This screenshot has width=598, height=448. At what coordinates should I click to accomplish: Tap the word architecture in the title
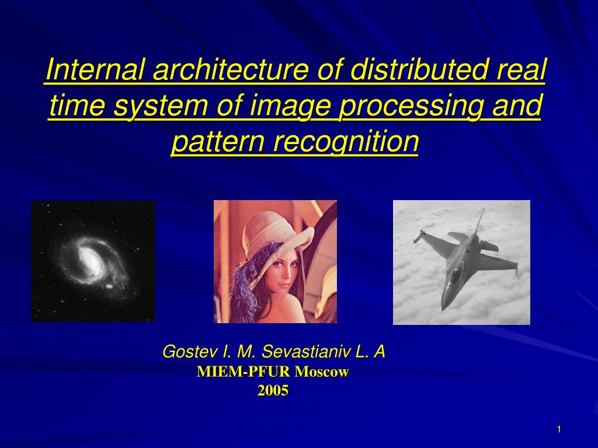(x=230, y=71)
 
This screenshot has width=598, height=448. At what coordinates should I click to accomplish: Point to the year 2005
(x=273, y=391)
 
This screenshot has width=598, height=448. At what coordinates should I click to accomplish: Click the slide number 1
(x=559, y=430)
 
